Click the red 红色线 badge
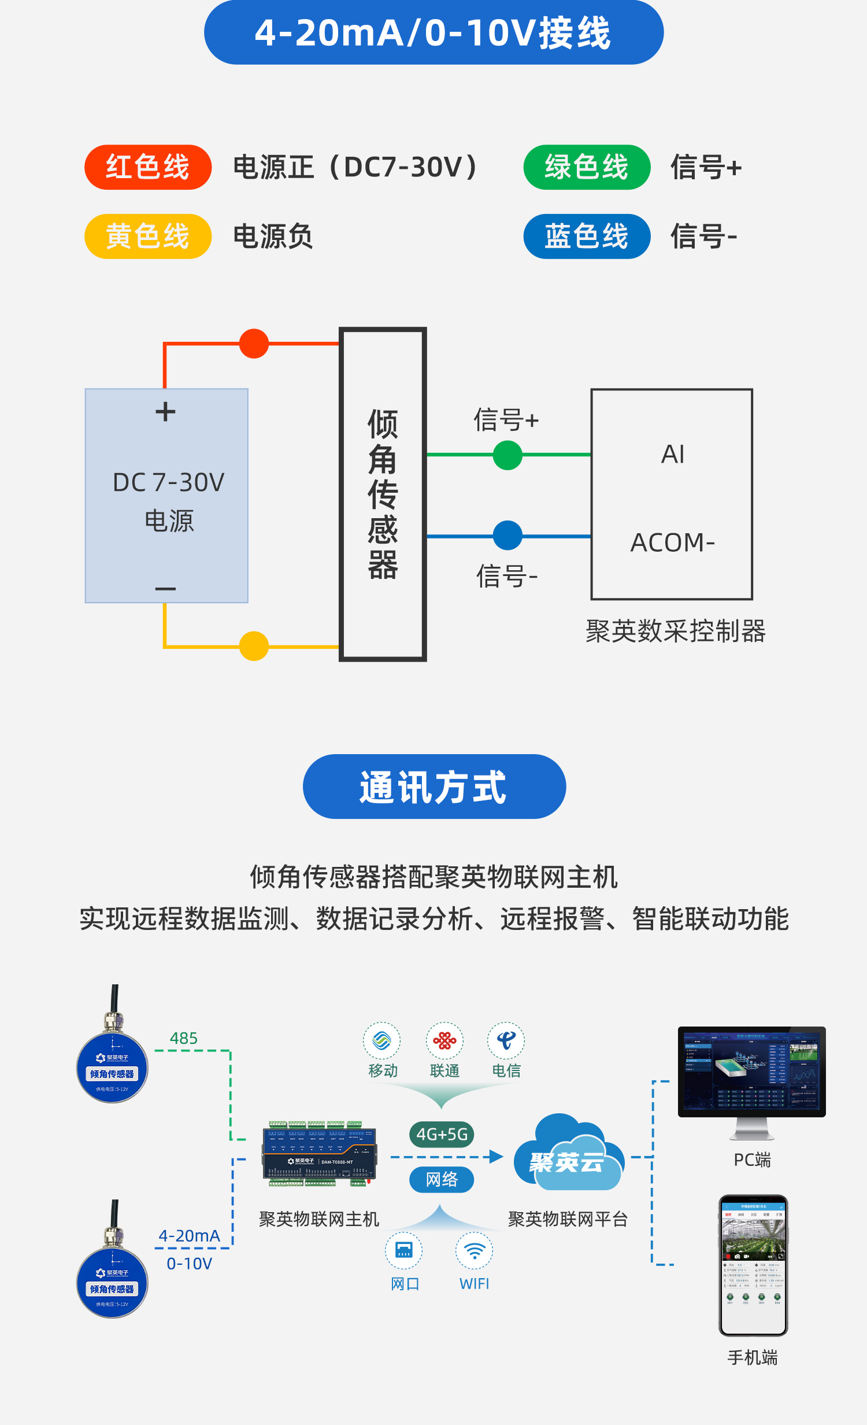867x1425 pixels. [148, 167]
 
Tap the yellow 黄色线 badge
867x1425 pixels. [148, 237]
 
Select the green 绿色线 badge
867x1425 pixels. [587, 167]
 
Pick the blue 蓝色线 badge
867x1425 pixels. [587, 237]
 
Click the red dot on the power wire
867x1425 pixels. [254, 344]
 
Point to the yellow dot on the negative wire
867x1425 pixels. [254, 646]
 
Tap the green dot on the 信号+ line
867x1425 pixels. [507, 455]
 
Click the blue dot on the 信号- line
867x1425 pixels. [507, 536]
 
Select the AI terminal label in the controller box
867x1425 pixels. [673, 455]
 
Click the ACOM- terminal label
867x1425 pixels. [673, 542]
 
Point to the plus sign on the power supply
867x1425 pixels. [165, 412]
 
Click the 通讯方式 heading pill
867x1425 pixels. [434, 787]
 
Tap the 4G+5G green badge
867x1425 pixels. [442, 1135]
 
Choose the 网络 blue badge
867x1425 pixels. [442, 1179]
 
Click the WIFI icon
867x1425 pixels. [474, 1251]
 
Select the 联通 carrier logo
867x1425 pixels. [444, 1041]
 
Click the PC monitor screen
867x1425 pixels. [751, 1072]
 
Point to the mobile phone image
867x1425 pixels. [753, 1265]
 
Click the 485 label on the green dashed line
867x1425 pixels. [184, 1039]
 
